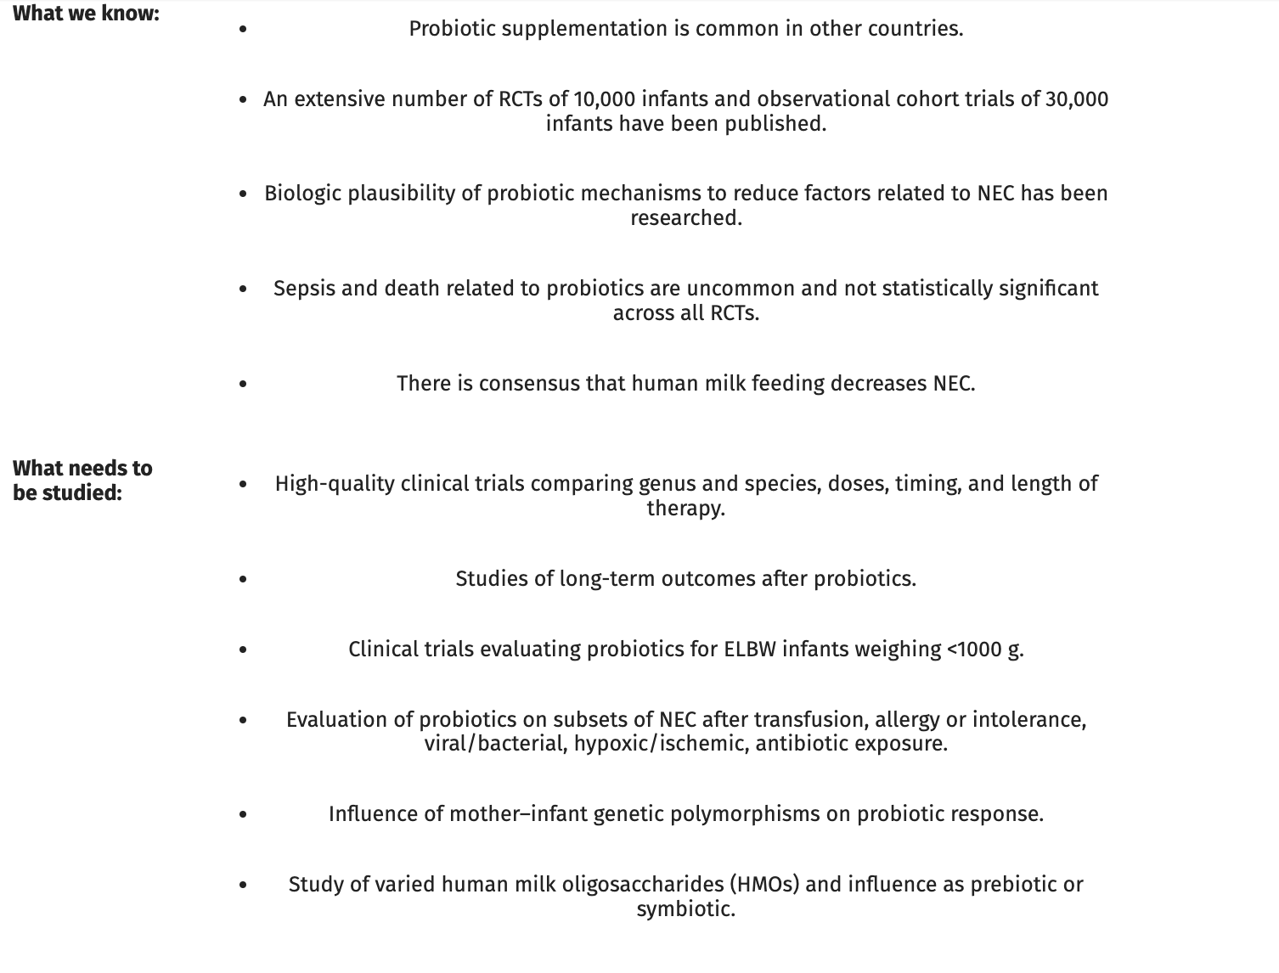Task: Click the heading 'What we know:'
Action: (x=86, y=14)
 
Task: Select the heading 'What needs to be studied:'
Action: (x=82, y=480)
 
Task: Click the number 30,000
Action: (x=1076, y=99)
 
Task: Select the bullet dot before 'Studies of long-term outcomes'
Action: (x=244, y=579)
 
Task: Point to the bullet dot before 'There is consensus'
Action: (x=244, y=384)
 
